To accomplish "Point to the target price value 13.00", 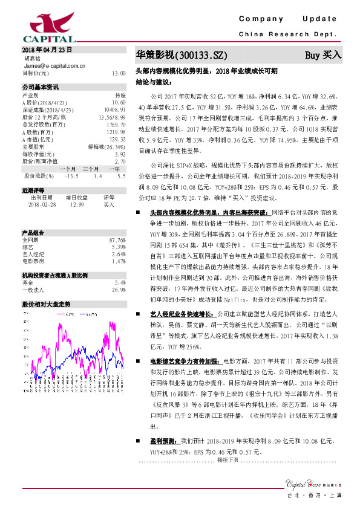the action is (119, 73).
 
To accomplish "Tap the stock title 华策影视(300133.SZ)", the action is (181, 55).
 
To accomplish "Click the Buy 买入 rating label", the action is (323, 55).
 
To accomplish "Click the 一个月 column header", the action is (67, 169).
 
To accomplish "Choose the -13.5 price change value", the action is (71, 175).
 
